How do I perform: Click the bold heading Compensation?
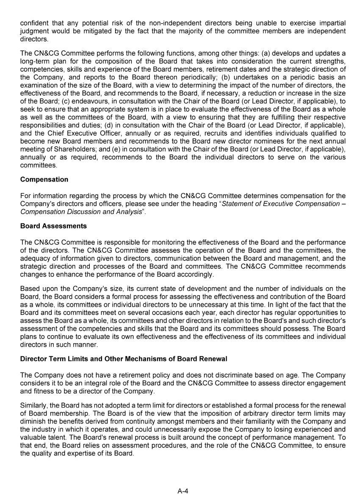point(44,179)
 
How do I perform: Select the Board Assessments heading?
point(53,226)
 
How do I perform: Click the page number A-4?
point(183,491)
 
